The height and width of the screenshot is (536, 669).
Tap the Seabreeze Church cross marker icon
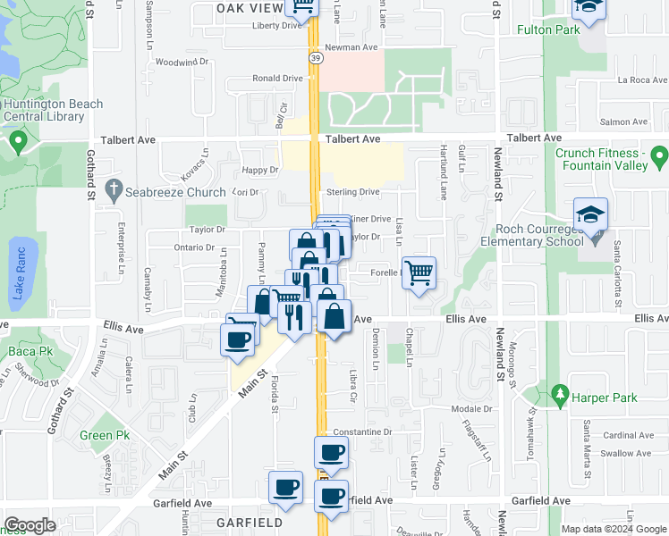click(x=113, y=188)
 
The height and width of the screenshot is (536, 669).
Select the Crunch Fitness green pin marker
click(x=661, y=159)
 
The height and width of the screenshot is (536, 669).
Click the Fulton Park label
click(x=548, y=29)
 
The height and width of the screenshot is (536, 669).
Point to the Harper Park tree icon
click(x=561, y=393)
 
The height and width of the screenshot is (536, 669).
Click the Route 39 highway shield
click(x=316, y=56)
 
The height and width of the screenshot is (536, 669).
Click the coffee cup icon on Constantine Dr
click(x=331, y=452)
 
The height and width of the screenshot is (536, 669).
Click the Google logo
click(x=30, y=525)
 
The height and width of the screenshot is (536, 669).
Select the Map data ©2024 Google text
click(x=613, y=528)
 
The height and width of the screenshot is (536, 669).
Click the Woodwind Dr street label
click(x=181, y=63)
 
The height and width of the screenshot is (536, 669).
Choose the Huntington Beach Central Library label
click(x=54, y=110)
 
